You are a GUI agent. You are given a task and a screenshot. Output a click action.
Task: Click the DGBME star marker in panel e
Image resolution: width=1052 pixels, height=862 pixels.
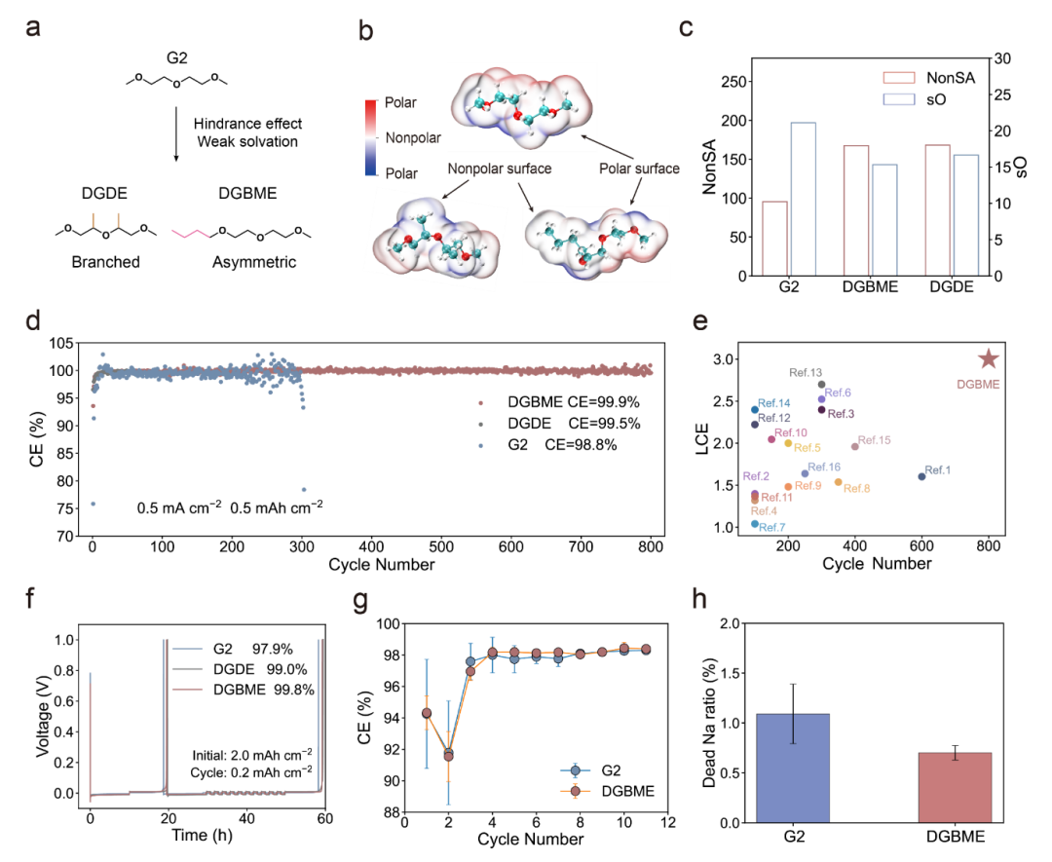point(989,358)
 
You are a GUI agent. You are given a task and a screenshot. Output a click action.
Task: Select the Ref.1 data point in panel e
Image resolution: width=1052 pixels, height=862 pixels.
point(921,476)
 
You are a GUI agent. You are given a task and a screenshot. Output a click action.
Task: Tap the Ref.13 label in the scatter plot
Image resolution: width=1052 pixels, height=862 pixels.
point(806,372)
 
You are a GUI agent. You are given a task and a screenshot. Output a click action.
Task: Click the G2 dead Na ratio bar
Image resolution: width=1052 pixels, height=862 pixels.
point(793,768)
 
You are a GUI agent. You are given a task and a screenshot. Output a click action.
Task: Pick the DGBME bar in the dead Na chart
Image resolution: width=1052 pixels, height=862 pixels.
point(955,788)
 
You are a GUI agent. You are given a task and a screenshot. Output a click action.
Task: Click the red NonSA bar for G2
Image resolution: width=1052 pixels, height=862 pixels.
point(775,239)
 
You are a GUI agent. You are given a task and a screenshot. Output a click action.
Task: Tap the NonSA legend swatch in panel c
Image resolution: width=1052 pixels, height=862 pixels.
point(899,78)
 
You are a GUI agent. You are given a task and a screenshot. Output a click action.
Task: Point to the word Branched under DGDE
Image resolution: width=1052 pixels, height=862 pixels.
point(106,262)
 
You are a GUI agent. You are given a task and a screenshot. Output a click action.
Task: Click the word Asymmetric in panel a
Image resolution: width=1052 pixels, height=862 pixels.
point(254,262)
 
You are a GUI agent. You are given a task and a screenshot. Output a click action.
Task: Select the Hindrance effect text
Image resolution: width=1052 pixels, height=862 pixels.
point(247,124)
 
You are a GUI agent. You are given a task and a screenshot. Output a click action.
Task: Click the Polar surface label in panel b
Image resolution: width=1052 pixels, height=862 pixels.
point(639,169)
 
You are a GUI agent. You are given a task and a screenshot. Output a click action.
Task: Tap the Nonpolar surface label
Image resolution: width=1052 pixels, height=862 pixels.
point(500,169)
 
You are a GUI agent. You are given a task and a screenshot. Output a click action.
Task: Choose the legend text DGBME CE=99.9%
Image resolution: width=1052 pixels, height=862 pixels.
point(574,402)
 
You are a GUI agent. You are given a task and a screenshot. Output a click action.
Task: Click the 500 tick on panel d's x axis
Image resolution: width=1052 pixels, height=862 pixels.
point(441,546)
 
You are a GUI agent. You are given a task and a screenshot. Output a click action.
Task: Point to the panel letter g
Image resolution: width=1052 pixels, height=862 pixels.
point(360,600)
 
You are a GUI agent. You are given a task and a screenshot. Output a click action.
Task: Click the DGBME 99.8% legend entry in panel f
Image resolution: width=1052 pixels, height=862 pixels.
point(264,690)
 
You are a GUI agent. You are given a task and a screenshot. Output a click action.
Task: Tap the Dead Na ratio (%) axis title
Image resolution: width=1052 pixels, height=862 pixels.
point(709,723)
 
